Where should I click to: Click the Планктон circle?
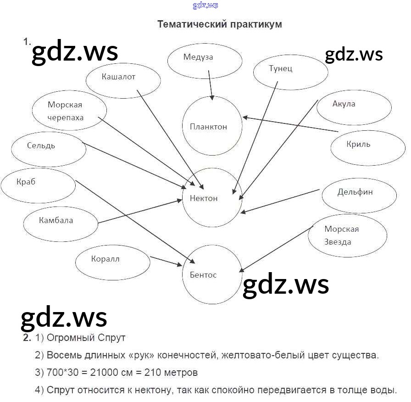point(212,126)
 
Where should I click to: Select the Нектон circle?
point(211,198)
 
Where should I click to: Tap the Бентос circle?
point(211,274)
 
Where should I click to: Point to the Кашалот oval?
point(123,80)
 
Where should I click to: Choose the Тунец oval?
point(290,72)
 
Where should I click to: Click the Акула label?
point(344,104)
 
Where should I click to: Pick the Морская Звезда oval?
point(347,235)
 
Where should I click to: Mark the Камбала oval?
point(61,223)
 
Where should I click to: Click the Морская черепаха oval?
point(69,111)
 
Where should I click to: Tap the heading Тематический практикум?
point(219,24)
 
